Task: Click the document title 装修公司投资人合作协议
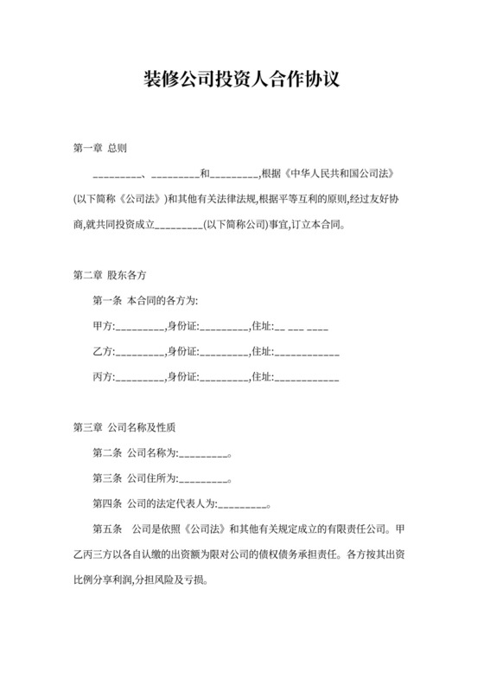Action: (x=241, y=80)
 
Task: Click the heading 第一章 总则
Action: (x=100, y=148)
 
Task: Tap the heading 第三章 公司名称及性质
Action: (x=127, y=428)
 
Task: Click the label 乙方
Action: (x=101, y=352)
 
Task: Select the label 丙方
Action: (x=101, y=377)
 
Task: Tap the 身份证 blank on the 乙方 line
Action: (x=223, y=354)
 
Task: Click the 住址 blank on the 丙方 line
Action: (x=307, y=379)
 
